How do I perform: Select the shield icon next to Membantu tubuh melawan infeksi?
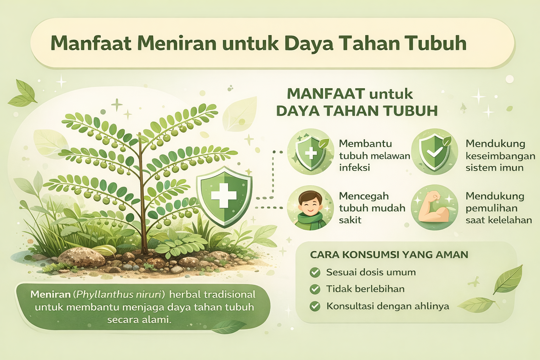pyautogui.click(x=310, y=152)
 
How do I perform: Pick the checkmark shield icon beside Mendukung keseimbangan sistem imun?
pyautogui.click(x=435, y=152)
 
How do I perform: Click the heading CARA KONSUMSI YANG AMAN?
pyautogui.click(x=389, y=255)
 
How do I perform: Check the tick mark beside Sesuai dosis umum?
pyautogui.click(x=315, y=272)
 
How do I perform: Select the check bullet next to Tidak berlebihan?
pyautogui.click(x=315, y=289)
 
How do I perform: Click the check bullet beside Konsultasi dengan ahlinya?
pyautogui.click(x=315, y=306)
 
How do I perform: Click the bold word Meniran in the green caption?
pyautogui.click(x=51, y=294)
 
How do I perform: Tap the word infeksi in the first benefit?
pyautogui.click(x=354, y=168)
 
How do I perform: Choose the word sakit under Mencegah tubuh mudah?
pyautogui.click(x=350, y=220)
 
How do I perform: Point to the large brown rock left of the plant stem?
pyautogui.click(x=81, y=257)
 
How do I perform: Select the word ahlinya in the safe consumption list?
pyautogui.click(x=432, y=306)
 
